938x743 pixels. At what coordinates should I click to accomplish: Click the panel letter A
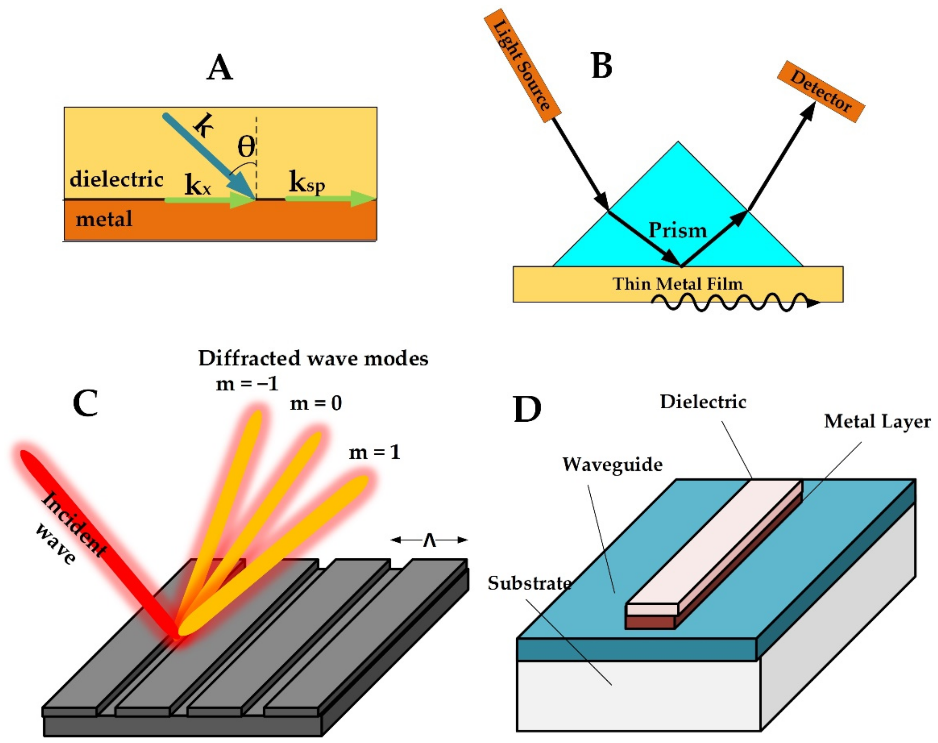coord(220,69)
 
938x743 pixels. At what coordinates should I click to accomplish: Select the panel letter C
coord(85,403)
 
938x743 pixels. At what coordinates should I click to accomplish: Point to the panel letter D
coord(527,409)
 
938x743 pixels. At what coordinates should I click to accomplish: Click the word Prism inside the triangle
coord(677,230)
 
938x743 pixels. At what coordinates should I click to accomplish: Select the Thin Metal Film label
coord(677,284)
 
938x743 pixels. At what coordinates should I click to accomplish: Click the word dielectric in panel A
coord(117,179)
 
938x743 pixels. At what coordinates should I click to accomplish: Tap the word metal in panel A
coord(104,218)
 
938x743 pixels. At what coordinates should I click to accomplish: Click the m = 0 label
coord(316,403)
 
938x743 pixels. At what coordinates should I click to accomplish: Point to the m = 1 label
coord(374,452)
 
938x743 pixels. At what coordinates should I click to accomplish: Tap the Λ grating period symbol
coord(429,540)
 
